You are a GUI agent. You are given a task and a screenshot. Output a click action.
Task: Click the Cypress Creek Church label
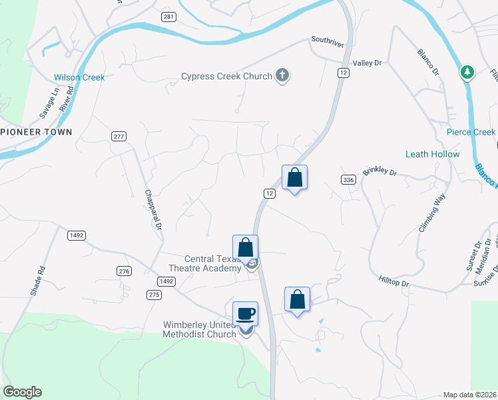click(226, 76)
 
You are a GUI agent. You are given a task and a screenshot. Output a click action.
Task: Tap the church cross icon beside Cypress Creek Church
click(282, 75)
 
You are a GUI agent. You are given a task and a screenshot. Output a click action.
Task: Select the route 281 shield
click(168, 17)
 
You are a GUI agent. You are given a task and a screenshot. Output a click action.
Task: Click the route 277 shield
click(119, 137)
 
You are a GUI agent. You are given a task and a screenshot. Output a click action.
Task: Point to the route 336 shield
click(347, 180)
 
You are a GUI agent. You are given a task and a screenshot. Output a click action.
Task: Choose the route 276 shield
click(123, 271)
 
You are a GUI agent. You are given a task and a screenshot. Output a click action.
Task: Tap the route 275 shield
click(153, 294)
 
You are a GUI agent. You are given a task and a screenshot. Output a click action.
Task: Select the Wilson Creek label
click(79, 77)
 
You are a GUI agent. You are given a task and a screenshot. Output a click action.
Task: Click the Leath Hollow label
click(432, 154)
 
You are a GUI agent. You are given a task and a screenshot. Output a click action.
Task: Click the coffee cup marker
click(246, 313)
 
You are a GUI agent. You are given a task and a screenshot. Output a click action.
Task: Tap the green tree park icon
click(467, 72)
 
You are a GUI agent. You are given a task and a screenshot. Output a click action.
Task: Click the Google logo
click(22, 393)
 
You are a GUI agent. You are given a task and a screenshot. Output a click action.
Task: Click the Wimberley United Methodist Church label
click(200, 329)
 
